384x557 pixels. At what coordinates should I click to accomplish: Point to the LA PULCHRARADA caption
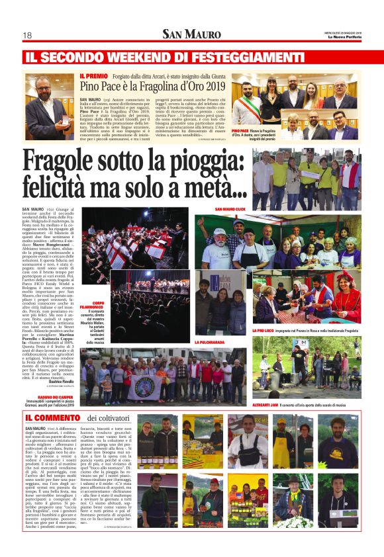tap(208, 343)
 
